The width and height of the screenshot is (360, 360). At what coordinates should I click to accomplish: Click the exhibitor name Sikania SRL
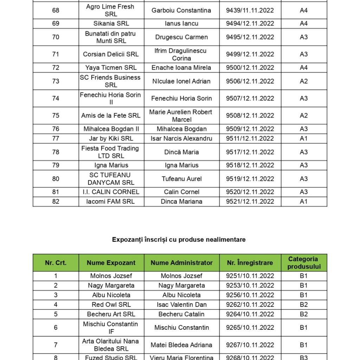point(111,24)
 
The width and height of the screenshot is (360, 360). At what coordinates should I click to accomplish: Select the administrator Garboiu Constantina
point(181,11)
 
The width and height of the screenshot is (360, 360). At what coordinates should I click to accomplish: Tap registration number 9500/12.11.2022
point(250,67)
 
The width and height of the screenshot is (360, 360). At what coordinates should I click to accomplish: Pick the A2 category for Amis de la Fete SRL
point(304,115)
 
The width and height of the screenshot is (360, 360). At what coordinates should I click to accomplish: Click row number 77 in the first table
point(56,139)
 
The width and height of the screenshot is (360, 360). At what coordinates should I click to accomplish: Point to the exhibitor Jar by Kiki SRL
point(111,139)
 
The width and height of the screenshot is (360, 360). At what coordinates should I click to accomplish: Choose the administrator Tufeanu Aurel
point(181,179)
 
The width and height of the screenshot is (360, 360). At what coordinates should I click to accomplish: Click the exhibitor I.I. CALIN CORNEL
point(111,192)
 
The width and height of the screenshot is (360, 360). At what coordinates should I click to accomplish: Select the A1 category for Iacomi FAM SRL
point(304,201)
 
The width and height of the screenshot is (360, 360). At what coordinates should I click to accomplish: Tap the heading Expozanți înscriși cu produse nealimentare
point(179,239)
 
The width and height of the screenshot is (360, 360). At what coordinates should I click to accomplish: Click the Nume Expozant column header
point(111,263)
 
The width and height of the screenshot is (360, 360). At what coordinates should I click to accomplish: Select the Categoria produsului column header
point(304,263)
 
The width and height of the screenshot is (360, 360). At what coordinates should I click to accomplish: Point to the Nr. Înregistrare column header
point(250,263)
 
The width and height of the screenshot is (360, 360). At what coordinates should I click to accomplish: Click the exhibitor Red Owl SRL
point(111,304)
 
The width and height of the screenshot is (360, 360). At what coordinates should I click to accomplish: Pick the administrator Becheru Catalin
point(181,314)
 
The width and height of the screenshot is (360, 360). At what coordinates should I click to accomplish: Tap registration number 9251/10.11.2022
point(250,276)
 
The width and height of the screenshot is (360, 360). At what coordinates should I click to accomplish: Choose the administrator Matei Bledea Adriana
point(181,345)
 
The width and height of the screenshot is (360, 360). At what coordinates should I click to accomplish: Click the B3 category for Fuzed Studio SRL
point(304,358)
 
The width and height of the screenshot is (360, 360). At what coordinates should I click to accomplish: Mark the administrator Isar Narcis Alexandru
point(181,139)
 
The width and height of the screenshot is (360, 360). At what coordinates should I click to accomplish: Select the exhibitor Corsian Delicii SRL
point(111,54)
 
